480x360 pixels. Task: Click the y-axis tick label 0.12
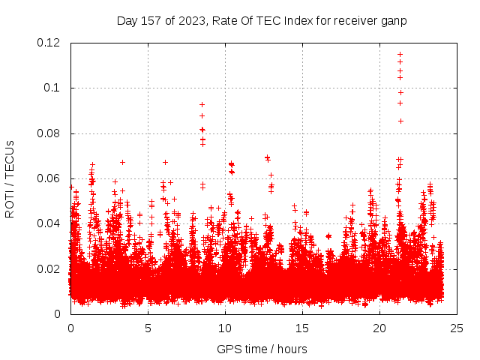point(49,43)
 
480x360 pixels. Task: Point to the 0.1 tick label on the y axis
point(54,88)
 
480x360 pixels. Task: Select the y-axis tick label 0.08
point(49,133)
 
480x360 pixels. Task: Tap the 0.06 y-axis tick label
point(49,178)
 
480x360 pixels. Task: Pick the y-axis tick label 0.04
point(49,223)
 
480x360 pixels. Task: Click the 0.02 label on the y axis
point(49,269)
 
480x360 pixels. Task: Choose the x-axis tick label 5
point(148,328)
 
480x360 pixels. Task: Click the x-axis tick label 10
point(225,328)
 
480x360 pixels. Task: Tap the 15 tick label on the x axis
point(302,328)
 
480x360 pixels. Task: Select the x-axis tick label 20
point(379,328)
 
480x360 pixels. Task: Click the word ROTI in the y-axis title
point(10,200)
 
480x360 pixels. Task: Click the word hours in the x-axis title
point(290,349)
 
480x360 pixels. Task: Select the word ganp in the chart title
point(394,20)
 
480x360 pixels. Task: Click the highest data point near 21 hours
point(400,54)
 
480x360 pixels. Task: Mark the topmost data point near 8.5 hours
point(202,104)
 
